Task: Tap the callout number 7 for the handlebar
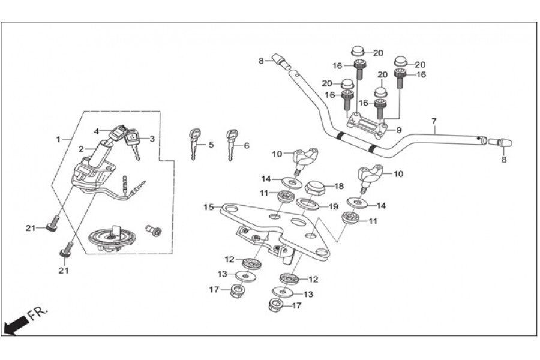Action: pos(434,121)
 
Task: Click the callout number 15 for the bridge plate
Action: pos(209,208)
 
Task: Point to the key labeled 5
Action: pos(194,144)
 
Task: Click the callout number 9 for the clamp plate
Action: pos(399,130)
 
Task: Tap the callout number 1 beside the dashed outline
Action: pos(59,140)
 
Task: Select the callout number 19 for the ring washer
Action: pos(333,206)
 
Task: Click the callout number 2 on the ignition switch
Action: pos(81,149)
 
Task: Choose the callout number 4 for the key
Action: pos(97,131)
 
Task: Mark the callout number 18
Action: pos(339,187)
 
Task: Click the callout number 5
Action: pos(211,145)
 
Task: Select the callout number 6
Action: pos(247,146)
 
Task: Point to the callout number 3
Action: pos(152,139)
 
